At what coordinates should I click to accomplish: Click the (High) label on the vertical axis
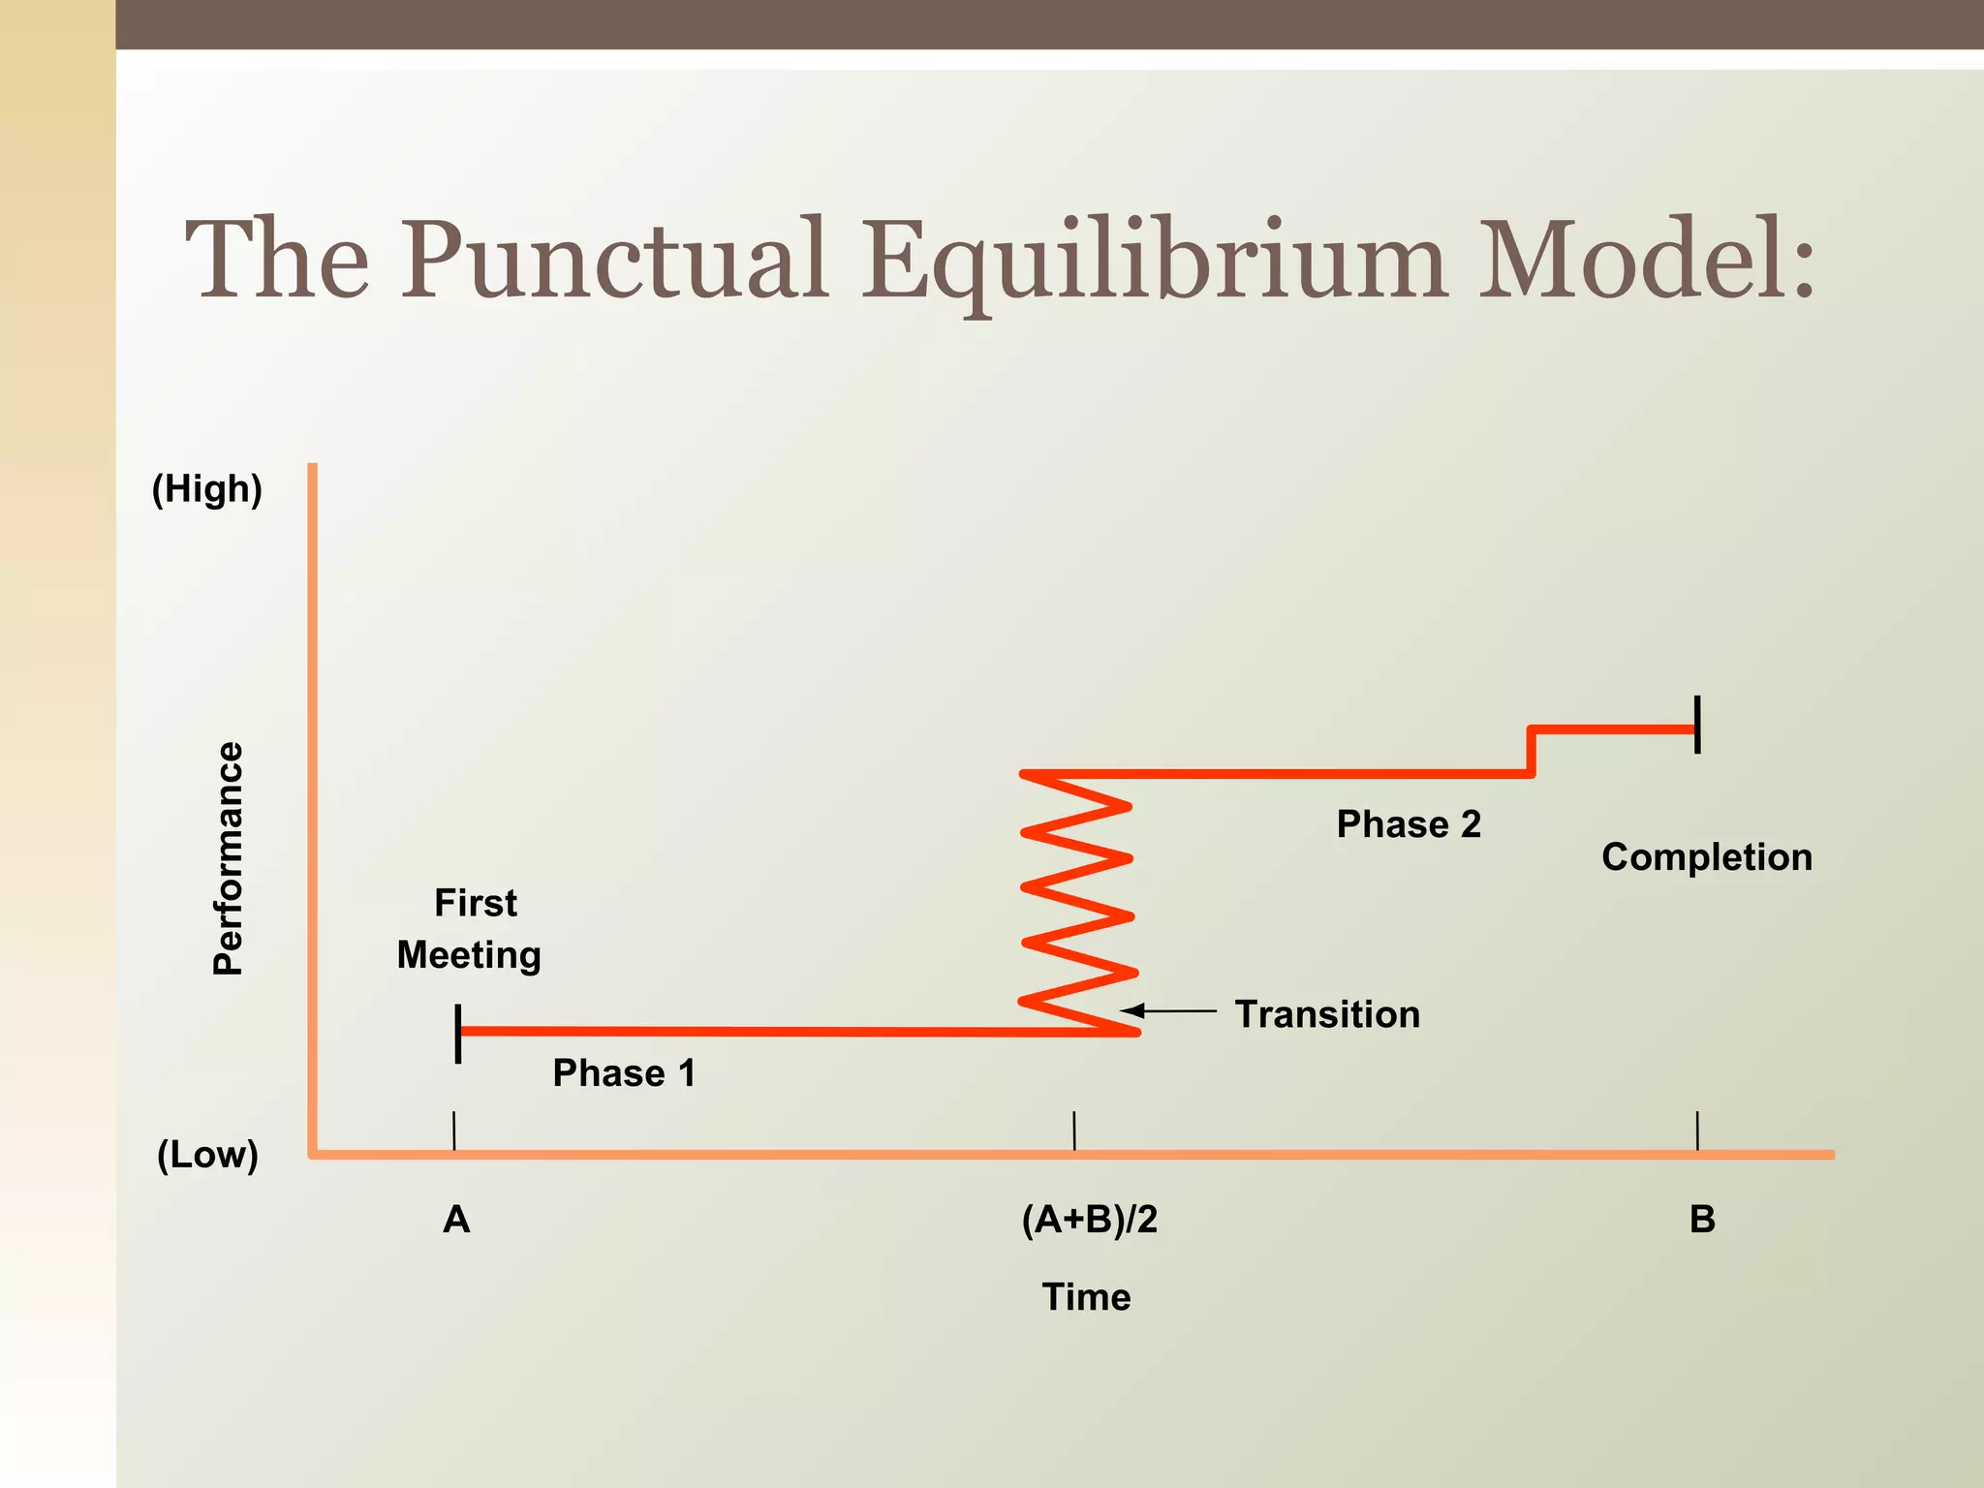pyautogui.click(x=207, y=489)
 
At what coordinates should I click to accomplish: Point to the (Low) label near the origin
pyautogui.click(x=207, y=1155)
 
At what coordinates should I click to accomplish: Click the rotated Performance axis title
pyautogui.click(x=229, y=858)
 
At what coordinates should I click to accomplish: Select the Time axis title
pyautogui.click(x=1086, y=1297)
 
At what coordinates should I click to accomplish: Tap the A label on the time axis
pyautogui.click(x=456, y=1220)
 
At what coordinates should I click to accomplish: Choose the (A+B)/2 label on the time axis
pyautogui.click(x=1090, y=1220)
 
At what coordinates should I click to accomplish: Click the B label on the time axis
pyautogui.click(x=1702, y=1220)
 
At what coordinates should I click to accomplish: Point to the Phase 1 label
pyautogui.click(x=624, y=1073)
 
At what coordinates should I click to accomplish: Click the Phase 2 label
pyautogui.click(x=1409, y=824)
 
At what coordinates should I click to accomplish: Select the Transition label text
pyautogui.click(x=1327, y=1014)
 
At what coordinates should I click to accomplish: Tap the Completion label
pyautogui.click(x=1707, y=857)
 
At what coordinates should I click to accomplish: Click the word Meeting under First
pyautogui.click(x=469, y=955)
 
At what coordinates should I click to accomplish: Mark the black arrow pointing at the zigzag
pyautogui.click(x=1167, y=1010)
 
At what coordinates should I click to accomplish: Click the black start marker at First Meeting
pyautogui.click(x=458, y=1033)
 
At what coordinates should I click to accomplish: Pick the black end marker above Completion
pyautogui.click(x=1697, y=725)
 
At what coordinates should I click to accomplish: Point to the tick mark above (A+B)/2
pyautogui.click(x=1074, y=1131)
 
